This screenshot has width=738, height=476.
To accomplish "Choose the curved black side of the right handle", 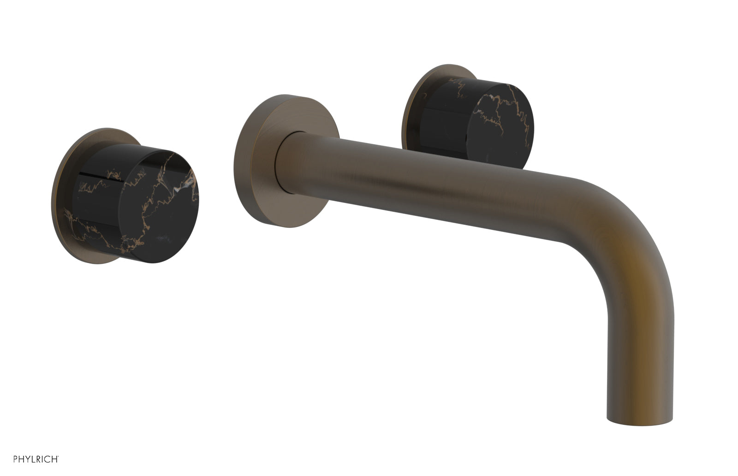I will (443, 134).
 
